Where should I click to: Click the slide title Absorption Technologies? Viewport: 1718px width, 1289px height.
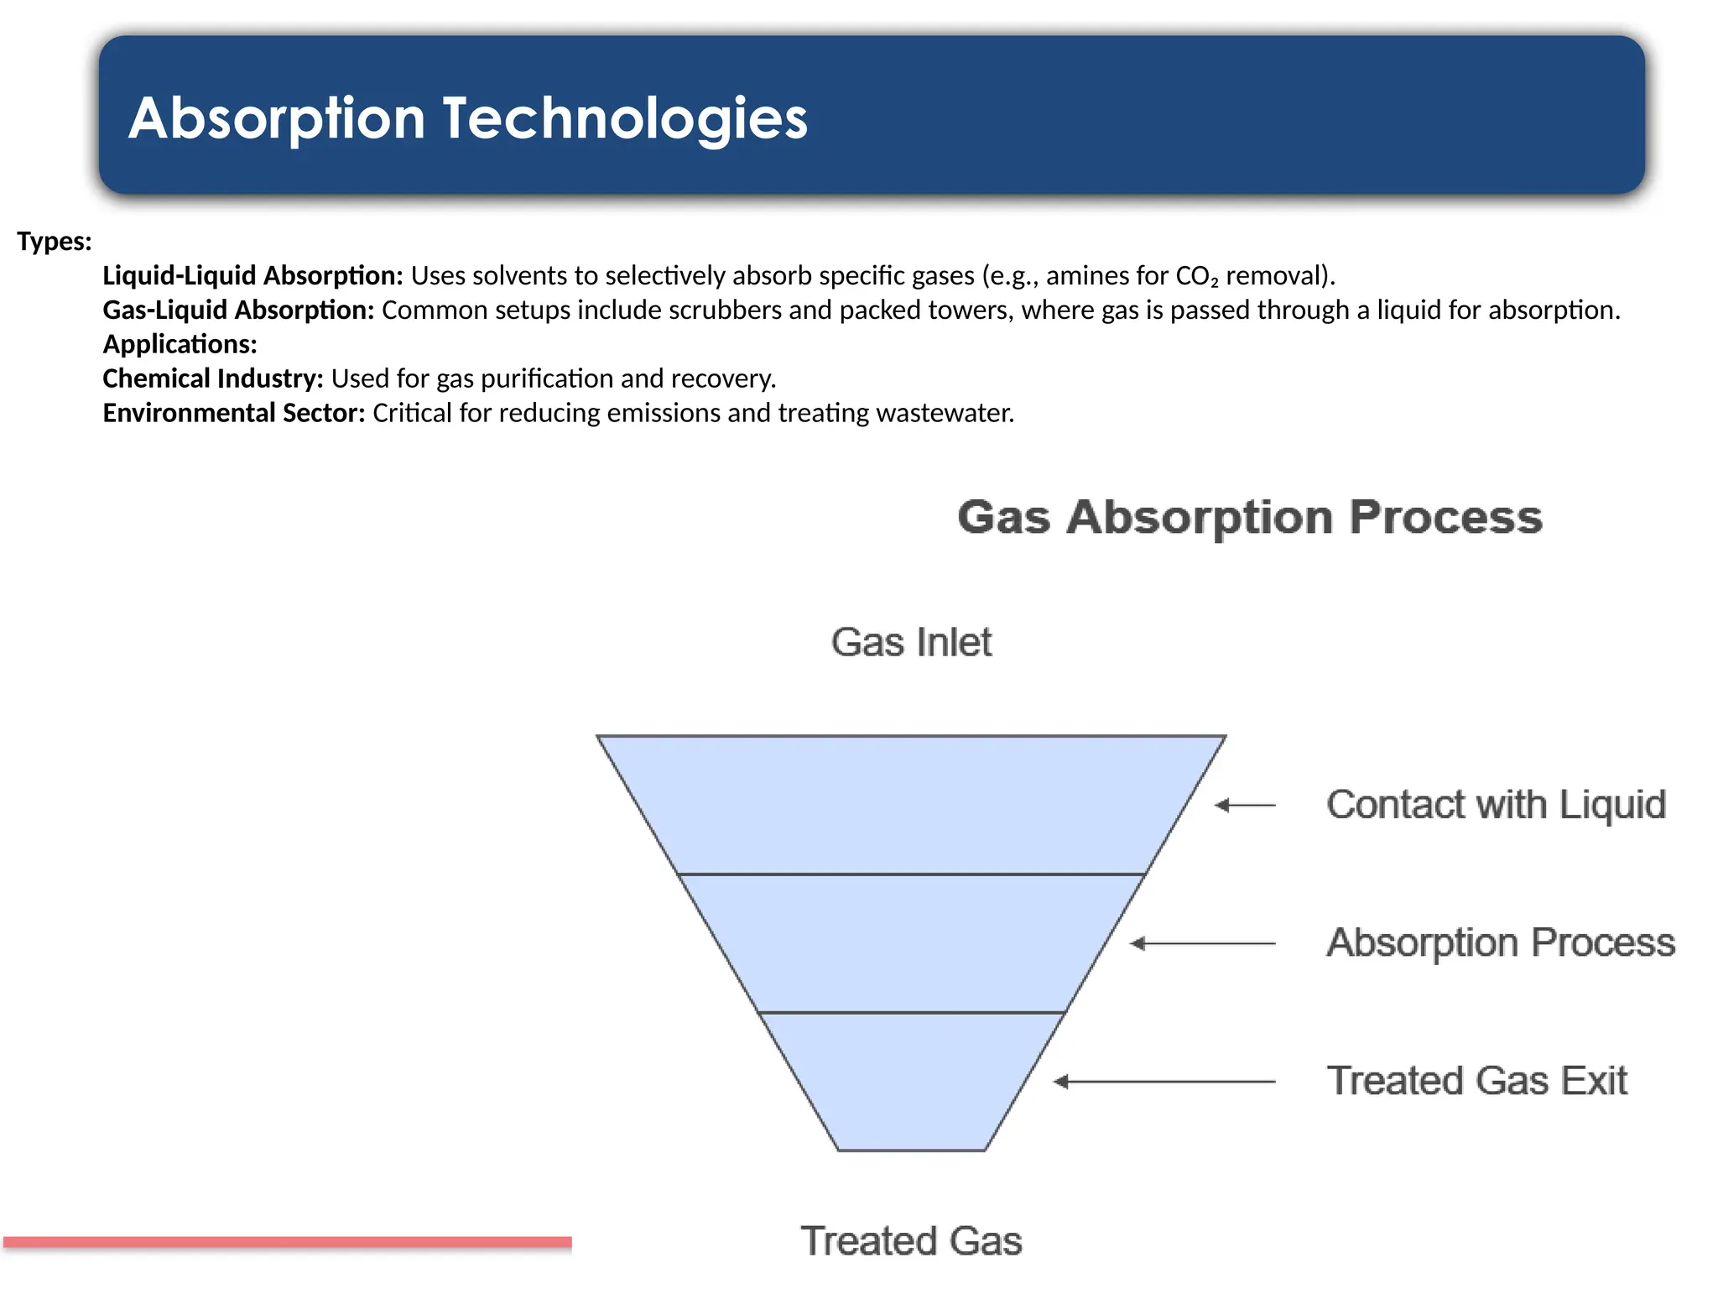(467, 117)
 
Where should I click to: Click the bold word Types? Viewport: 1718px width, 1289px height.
(55, 242)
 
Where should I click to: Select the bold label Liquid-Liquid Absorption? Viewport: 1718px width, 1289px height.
(252, 276)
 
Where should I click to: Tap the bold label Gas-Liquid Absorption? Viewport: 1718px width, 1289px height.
(238, 311)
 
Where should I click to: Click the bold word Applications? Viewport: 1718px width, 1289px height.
(180, 345)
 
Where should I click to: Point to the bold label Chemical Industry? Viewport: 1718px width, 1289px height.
(213, 379)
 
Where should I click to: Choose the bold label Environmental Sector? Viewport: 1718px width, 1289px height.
(233, 414)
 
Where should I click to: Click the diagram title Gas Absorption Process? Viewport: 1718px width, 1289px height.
(1249, 517)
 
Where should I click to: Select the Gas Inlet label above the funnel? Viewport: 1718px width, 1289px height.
(911, 643)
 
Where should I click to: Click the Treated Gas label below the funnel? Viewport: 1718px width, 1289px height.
(911, 1241)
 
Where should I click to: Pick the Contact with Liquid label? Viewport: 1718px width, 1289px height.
(1496, 805)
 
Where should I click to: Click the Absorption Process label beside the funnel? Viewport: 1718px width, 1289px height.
(1500, 942)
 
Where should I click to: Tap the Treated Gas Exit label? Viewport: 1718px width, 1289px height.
(1476, 1081)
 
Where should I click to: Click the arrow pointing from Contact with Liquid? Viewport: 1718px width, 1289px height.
(1246, 806)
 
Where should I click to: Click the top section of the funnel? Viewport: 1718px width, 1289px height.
(911, 804)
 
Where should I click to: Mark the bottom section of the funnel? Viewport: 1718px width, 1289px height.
(911, 1081)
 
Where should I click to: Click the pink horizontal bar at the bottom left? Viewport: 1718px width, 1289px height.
(287, 1242)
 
